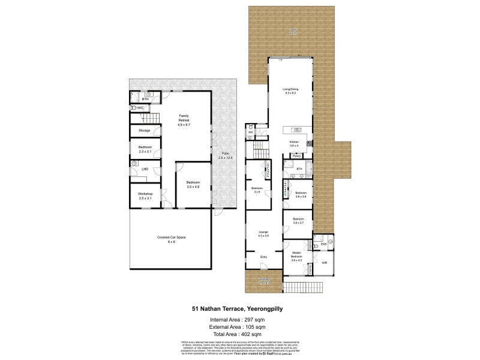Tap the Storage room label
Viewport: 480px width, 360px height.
(x=144, y=130)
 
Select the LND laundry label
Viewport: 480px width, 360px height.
(x=145, y=169)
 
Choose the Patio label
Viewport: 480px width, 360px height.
(x=224, y=155)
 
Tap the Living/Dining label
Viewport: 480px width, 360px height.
(x=291, y=91)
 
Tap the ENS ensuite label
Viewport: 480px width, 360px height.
(x=323, y=244)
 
